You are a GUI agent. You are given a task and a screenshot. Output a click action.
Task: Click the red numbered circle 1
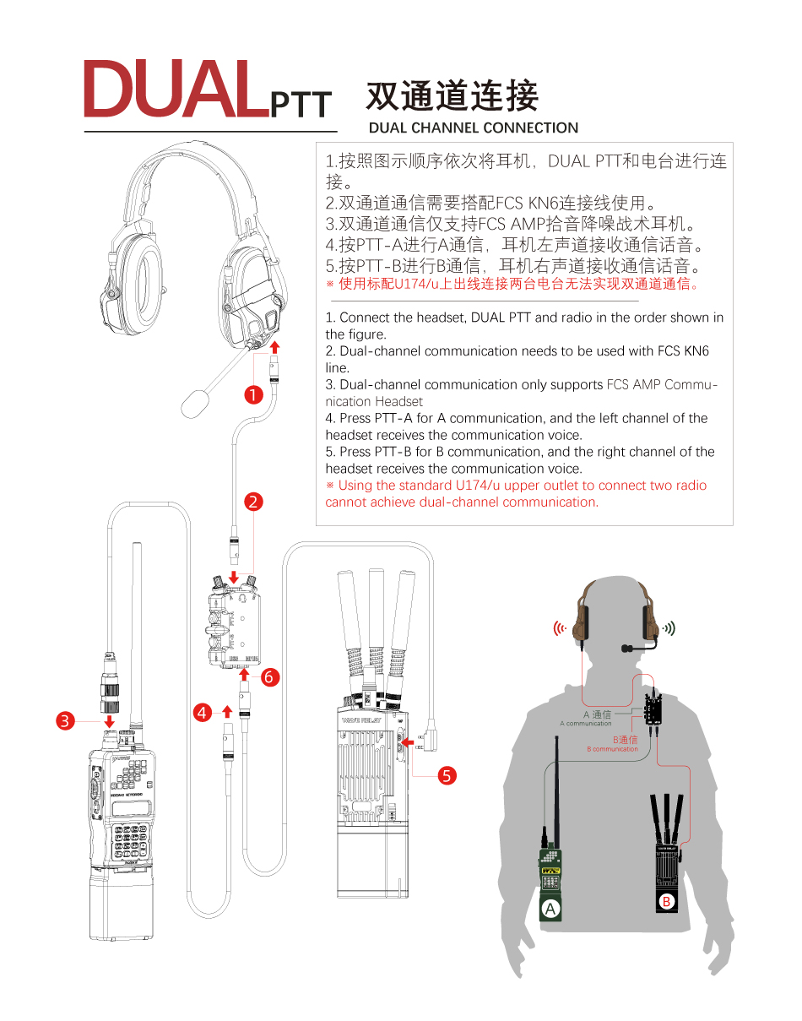[x=252, y=394]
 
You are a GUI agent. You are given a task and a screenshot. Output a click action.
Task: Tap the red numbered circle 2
[x=252, y=502]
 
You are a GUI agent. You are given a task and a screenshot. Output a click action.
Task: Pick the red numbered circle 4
[x=202, y=713]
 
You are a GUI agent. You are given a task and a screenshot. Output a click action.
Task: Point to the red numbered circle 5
[x=448, y=775]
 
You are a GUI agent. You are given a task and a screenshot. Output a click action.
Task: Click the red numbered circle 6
[x=269, y=676]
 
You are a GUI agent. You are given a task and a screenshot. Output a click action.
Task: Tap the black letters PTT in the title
[x=301, y=104]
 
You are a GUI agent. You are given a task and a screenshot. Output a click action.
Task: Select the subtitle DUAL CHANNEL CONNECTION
[x=474, y=128]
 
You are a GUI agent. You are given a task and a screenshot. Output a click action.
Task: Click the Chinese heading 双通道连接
[x=452, y=97]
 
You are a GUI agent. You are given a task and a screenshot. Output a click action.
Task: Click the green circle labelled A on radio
[x=550, y=910]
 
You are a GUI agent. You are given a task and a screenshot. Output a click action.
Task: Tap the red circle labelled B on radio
[x=667, y=903]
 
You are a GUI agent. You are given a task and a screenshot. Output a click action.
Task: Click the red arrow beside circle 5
[x=413, y=743]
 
